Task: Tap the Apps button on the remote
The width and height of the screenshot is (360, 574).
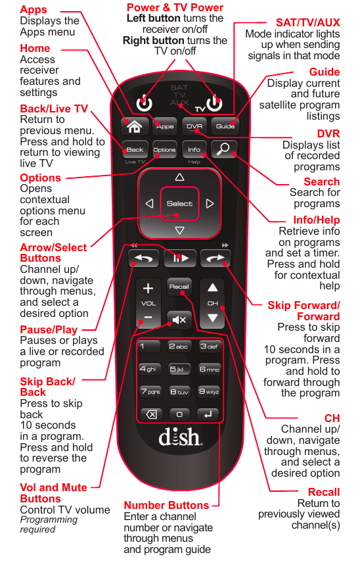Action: [x=165, y=126]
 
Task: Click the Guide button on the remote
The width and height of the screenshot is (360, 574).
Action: [x=225, y=126]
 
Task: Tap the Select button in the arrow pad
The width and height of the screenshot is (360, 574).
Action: [x=179, y=204]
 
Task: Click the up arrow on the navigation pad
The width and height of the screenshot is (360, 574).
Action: [x=179, y=178]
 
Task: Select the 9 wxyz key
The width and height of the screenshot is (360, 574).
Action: [x=209, y=392]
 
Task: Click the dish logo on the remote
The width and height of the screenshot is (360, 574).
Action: [x=180, y=437]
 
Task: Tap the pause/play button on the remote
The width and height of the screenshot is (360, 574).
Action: [x=180, y=258]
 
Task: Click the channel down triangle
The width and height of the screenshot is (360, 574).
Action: [x=213, y=318]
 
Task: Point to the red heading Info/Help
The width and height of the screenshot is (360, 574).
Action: [x=317, y=220]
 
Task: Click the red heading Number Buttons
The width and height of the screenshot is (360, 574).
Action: [x=166, y=505]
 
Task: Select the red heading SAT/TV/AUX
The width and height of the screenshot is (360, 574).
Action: [x=307, y=22]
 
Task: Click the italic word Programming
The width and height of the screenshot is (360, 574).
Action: [x=49, y=520]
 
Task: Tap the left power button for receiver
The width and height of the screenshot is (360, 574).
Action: [x=144, y=103]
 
